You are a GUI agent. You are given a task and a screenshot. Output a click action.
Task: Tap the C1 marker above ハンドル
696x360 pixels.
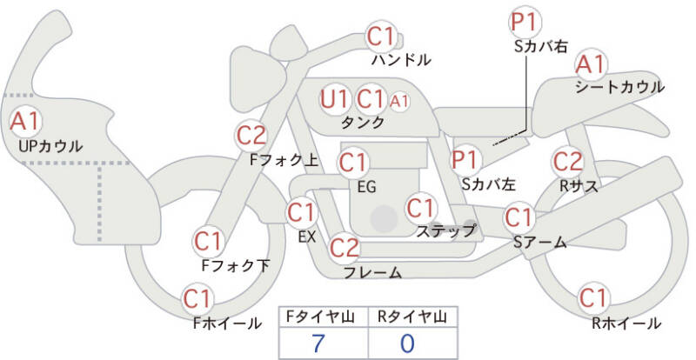point(380,37)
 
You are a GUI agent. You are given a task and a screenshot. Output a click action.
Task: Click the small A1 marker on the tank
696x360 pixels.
point(398,101)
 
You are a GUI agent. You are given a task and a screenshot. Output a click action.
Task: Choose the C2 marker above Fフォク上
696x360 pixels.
point(251,135)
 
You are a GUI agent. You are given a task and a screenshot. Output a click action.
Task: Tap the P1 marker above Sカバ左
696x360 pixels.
point(467,160)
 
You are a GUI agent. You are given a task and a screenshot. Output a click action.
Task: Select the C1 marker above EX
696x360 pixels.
point(301,212)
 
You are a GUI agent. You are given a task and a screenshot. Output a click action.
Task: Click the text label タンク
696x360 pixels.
point(364,123)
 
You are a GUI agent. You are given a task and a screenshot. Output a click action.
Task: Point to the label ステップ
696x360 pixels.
point(446,230)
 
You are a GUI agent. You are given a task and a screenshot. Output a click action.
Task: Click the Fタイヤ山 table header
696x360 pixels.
point(322,317)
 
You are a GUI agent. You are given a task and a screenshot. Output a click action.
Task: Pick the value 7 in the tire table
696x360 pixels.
point(320,343)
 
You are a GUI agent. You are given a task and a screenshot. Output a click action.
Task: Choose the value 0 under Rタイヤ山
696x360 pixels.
point(407,343)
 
